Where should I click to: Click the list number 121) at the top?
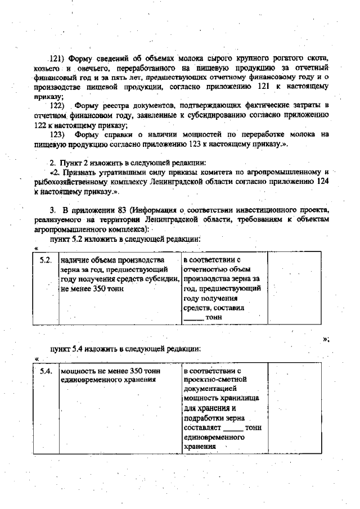coord(58,58)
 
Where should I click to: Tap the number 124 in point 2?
coord(319,182)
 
